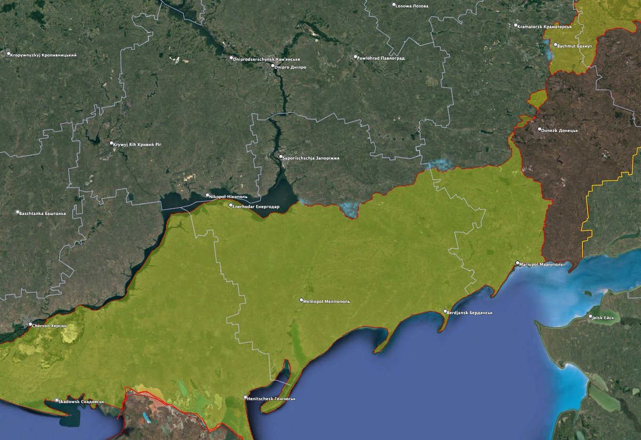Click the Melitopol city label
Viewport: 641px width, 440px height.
(x=327, y=301)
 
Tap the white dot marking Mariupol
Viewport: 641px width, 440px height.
(x=518, y=263)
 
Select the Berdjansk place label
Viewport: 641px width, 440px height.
(x=470, y=312)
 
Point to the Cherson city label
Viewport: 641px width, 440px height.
(x=50, y=325)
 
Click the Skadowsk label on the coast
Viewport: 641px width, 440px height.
(x=82, y=401)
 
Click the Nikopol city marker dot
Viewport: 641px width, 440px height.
(x=208, y=195)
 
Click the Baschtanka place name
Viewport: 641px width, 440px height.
(x=43, y=213)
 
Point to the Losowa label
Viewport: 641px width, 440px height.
(x=413, y=6)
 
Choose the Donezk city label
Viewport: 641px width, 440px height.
(x=561, y=130)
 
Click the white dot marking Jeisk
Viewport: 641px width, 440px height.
(x=590, y=317)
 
